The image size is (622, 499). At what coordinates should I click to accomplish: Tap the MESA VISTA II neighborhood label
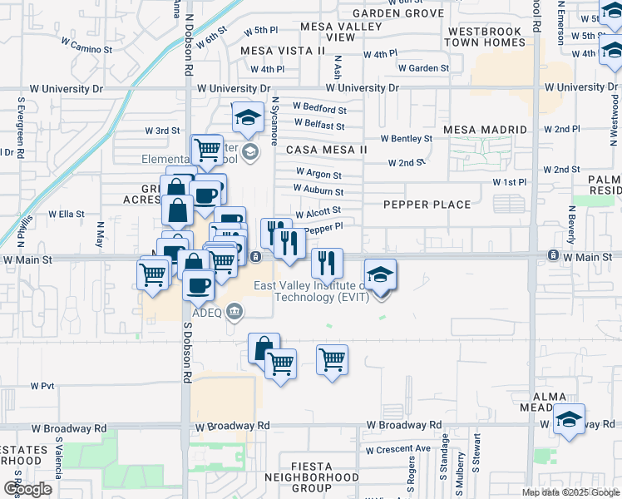281,51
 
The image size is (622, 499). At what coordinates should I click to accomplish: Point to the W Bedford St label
318,109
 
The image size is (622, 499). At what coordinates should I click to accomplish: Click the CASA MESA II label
326,150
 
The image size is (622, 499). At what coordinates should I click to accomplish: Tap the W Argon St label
318,175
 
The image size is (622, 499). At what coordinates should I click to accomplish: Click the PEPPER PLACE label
427,205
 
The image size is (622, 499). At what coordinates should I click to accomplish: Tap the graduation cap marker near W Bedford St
247,118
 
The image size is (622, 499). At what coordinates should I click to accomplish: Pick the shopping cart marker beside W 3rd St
207,151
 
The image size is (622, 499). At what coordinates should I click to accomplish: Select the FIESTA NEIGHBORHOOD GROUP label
312,477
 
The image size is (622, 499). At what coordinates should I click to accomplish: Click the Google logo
27,489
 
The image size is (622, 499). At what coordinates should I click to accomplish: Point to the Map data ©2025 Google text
570,492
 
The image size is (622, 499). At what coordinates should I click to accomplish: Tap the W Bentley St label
407,139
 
